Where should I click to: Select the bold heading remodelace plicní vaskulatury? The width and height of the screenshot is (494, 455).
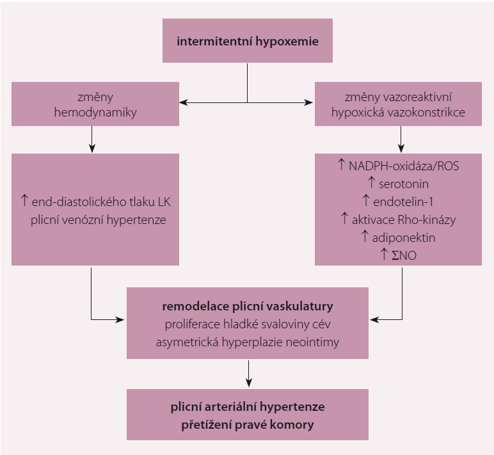pos(247,306)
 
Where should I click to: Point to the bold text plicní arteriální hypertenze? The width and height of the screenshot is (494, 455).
pos(247,406)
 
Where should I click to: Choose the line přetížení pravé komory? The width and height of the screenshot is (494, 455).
pos(247,424)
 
